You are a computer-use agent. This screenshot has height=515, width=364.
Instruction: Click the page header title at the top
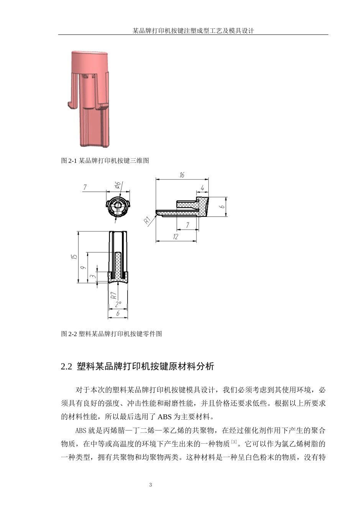click(193, 31)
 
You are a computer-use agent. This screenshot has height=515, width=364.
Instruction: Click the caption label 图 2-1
click(69, 161)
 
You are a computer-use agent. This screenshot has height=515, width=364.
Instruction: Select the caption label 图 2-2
click(69, 334)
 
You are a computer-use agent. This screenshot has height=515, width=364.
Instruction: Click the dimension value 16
click(182, 175)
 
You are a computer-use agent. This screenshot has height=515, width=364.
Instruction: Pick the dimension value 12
click(175, 237)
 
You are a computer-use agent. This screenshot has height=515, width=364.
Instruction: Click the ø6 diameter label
click(118, 185)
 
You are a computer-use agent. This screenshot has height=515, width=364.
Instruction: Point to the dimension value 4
click(202, 188)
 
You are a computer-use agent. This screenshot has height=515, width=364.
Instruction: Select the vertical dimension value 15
click(75, 257)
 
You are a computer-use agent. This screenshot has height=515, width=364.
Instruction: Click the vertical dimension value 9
click(84, 267)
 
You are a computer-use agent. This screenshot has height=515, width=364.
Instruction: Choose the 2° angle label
click(118, 304)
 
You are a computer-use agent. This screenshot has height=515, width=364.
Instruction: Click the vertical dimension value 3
click(92, 276)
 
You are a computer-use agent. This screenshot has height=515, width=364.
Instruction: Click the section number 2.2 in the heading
click(66, 367)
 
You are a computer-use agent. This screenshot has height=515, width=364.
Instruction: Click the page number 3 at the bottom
click(151, 485)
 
